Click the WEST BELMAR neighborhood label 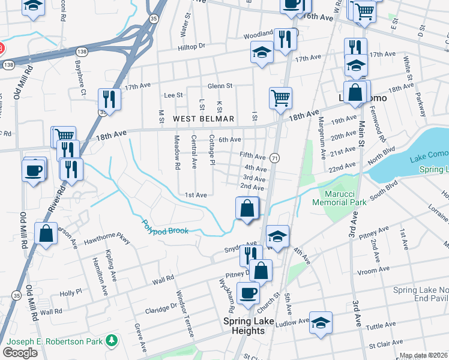pyautogui.click(x=203, y=119)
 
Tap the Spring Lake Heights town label pyautogui.click(x=249, y=326)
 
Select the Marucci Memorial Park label pyautogui.click(x=339, y=199)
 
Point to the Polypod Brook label pyautogui.click(x=165, y=227)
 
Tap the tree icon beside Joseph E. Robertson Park pyautogui.click(x=110, y=341)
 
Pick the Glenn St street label pyautogui.click(x=220, y=86)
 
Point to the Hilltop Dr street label pyautogui.click(x=193, y=46)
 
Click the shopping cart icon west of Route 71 pyautogui.click(x=280, y=98)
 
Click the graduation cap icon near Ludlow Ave pyautogui.click(x=321, y=322)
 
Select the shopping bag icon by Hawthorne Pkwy pyautogui.click(x=46, y=233)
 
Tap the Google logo pyautogui.click(x=20, y=352)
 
